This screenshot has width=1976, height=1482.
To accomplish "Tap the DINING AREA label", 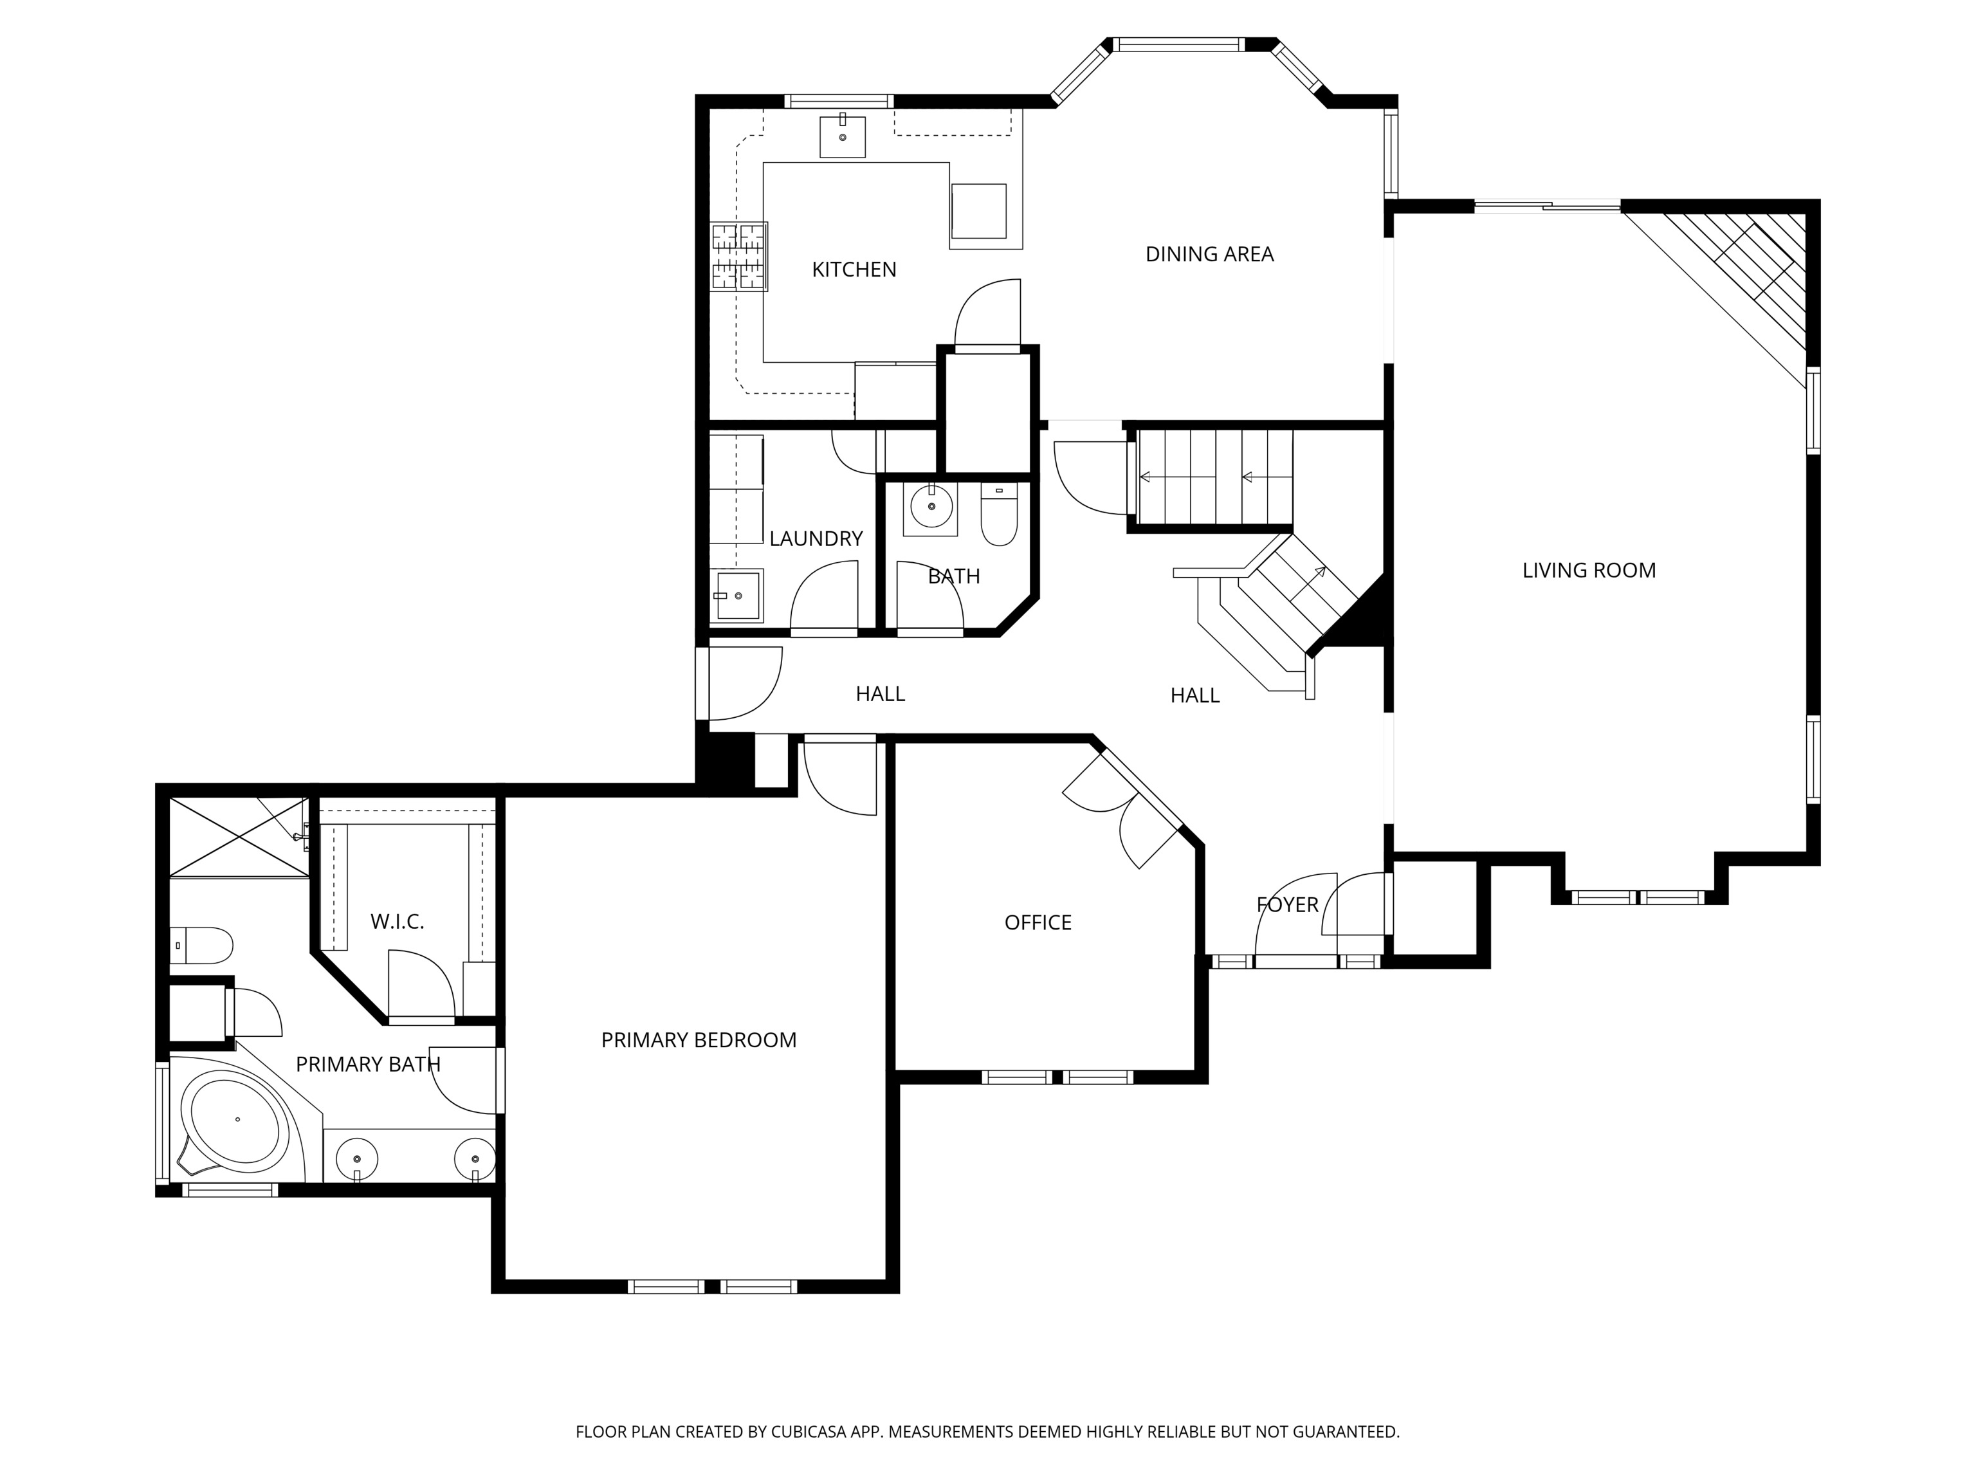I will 1209,253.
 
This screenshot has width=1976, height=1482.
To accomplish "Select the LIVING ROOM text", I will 1588,570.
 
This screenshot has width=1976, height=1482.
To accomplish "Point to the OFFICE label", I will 1037,922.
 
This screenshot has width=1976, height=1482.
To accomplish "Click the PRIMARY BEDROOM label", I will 698,1040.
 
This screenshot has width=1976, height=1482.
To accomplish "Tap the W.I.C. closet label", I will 397,921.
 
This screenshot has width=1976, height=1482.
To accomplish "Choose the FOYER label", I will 1286,904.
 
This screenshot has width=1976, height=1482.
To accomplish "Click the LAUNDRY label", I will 815,538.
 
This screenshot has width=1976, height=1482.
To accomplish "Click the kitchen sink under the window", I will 843,136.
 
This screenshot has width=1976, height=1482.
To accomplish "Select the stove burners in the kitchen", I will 740,257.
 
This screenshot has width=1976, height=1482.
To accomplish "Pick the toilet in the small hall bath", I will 999,515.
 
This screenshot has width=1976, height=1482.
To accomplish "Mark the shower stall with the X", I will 237,837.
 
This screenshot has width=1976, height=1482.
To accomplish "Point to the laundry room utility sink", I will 737,595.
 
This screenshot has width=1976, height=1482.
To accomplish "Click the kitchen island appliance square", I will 978,211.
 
